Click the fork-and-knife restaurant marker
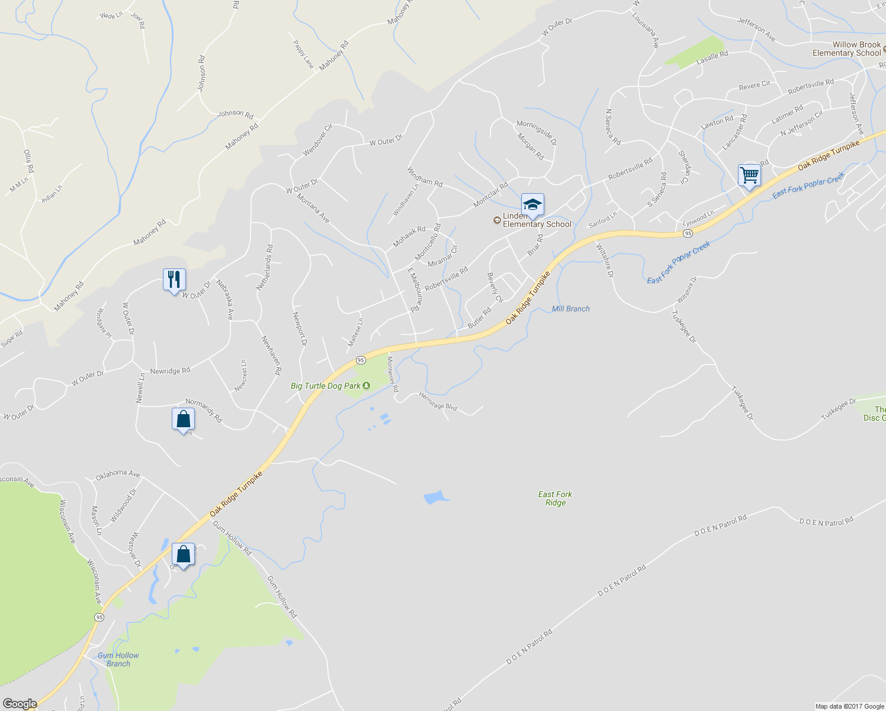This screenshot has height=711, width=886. [x=174, y=280]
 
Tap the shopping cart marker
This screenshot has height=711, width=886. [x=749, y=176]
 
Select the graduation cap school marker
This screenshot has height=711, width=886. [x=532, y=205]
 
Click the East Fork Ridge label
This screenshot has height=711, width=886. [x=556, y=498]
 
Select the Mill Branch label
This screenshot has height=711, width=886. [x=570, y=309]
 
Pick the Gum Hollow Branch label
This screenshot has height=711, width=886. [x=118, y=659]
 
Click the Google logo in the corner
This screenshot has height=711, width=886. [x=20, y=704]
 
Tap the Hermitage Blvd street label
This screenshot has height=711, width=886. [x=438, y=401]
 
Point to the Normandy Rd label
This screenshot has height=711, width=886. [x=204, y=410]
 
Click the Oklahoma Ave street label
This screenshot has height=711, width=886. [x=118, y=473]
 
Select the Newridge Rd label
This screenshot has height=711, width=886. [x=170, y=371]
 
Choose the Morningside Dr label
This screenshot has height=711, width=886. [x=537, y=132]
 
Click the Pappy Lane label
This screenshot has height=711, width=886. [x=303, y=54]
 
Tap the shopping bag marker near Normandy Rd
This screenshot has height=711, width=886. [x=183, y=419]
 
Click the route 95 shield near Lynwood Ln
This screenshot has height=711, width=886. [x=687, y=233]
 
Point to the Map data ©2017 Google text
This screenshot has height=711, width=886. [x=849, y=706]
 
